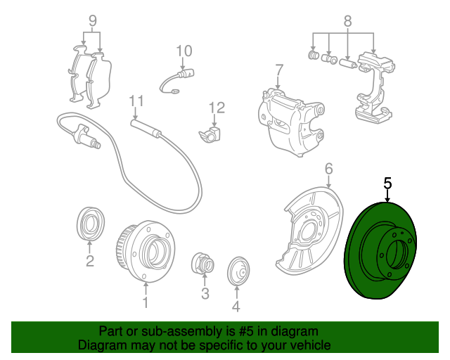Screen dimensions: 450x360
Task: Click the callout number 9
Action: pos(92,20)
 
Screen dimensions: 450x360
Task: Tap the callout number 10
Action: pos(184,51)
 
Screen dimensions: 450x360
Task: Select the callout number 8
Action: pos(347,21)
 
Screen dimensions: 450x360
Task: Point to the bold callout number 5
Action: pos(387,184)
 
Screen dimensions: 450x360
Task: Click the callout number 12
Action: pos(217,108)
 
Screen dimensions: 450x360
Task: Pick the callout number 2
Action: pos(90,261)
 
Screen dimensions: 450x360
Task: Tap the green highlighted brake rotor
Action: pos(380,250)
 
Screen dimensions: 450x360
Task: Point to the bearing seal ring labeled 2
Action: pos(91,223)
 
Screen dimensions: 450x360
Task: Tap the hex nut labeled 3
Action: pos(203,263)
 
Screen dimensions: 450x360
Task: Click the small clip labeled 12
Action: pos(210,134)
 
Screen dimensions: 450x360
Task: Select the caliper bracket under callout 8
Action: pos(374,87)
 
